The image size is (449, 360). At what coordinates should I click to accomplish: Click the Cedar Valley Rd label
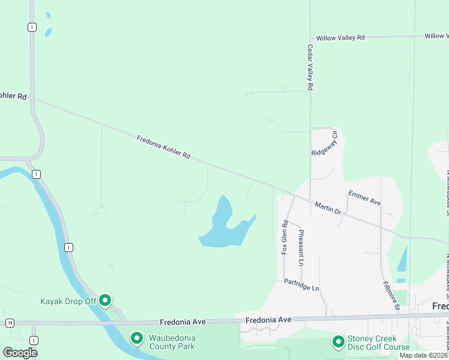click(310, 67)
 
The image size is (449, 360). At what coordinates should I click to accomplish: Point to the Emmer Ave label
click(364, 197)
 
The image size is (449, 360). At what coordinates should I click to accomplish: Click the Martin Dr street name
click(328, 208)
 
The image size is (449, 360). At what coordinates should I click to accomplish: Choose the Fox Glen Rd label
click(285, 237)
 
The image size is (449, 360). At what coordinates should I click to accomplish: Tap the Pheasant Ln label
click(301, 247)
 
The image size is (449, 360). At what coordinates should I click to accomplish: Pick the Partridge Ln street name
click(301, 284)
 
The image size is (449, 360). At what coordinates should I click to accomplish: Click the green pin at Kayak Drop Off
click(105, 299)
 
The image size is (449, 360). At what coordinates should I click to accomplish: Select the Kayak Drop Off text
click(68, 301)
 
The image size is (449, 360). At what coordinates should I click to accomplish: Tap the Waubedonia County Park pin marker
click(136, 339)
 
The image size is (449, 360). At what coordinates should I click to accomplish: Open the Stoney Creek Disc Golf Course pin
click(338, 342)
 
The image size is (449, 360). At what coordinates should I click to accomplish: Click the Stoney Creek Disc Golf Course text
click(379, 343)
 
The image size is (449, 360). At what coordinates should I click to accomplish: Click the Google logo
click(20, 353)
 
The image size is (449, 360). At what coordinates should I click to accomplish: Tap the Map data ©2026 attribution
click(424, 355)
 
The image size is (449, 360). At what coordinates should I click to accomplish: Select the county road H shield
click(10, 323)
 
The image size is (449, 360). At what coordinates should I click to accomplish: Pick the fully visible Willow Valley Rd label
click(340, 37)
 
